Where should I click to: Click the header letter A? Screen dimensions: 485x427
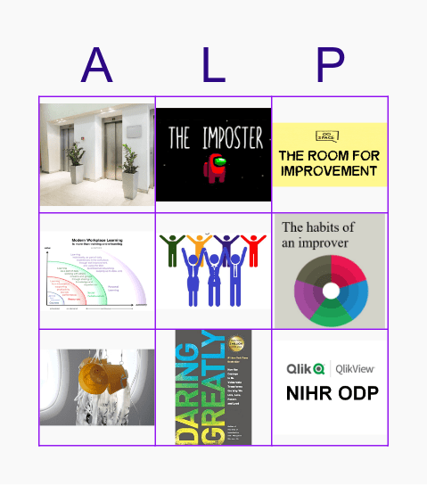pyautogui.click(x=96, y=64)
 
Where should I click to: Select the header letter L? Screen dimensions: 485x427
pyautogui.click(x=213, y=64)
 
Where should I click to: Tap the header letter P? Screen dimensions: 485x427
pyautogui.click(x=330, y=64)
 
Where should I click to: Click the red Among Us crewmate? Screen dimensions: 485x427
pyautogui.click(x=215, y=169)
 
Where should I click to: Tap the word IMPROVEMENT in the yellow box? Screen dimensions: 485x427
pyautogui.click(x=329, y=171)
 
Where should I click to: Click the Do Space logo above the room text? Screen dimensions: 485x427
pyautogui.click(x=329, y=136)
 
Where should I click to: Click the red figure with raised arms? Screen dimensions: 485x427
pyautogui.click(x=254, y=249)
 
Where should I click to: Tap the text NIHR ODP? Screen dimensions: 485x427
pyautogui.click(x=330, y=393)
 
